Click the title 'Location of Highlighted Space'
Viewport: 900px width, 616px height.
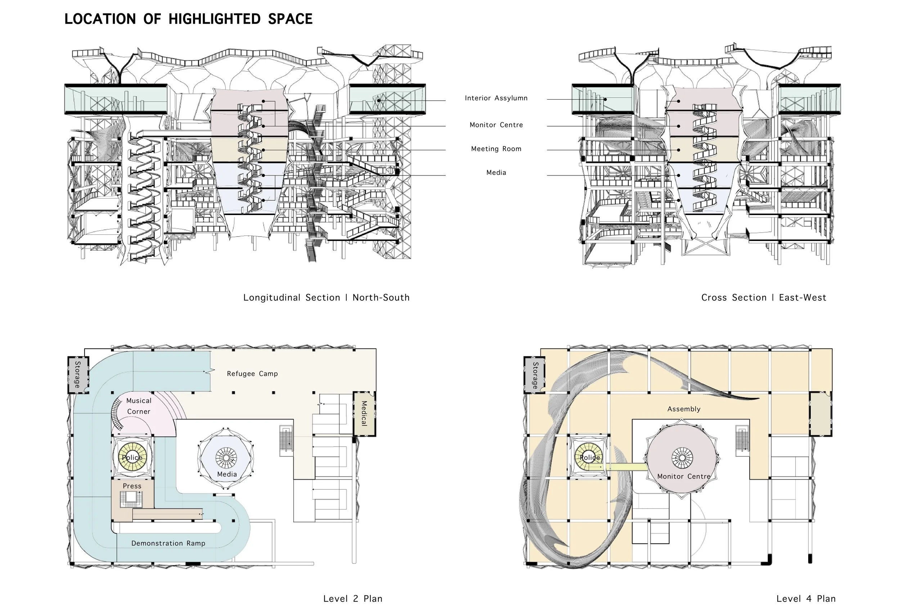pyautogui.click(x=188, y=19)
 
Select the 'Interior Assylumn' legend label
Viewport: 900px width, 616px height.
pyautogui.click(x=496, y=98)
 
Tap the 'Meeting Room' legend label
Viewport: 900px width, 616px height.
pyautogui.click(x=496, y=149)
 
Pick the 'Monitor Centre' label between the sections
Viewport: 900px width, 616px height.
pyautogui.click(x=496, y=125)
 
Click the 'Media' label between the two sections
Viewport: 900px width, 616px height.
pyautogui.click(x=496, y=173)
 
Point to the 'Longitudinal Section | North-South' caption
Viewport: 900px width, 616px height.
pyautogui.click(x=326, y=297)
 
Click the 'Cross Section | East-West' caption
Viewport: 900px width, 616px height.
pyautogui.click(x=763, y=297)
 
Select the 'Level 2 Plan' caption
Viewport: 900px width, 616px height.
pyautogui.click(x=352, y=599)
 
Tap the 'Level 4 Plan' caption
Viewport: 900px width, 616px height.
pyautogui.click(x=806, y=599)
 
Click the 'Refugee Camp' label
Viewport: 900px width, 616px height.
pyautogui.click(x=252, y=374)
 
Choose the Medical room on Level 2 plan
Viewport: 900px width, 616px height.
pyautogui.click(x=364, y=414)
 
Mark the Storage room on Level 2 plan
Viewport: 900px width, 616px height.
pyautogui.click(x=78, y=375)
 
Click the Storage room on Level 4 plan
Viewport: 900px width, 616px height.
pyautogui.click(x=535, y=375)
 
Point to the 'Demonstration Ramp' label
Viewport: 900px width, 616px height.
pyautogui.click(x=168, y=543)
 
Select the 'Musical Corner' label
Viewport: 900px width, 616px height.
pyautogui.click(x=139, y=406)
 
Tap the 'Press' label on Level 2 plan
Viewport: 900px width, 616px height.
pyautogui.click(x=132, y=486)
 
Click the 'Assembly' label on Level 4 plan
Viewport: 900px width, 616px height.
pyautogui.click(x=684, y=409)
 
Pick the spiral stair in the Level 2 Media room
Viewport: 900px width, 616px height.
pyautogui.click(x=226, y=457)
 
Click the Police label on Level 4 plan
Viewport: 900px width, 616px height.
pyautogui.click(x=589, y=458)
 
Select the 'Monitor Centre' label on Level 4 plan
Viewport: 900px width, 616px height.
pyautogui.click(x=684, y=476)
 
